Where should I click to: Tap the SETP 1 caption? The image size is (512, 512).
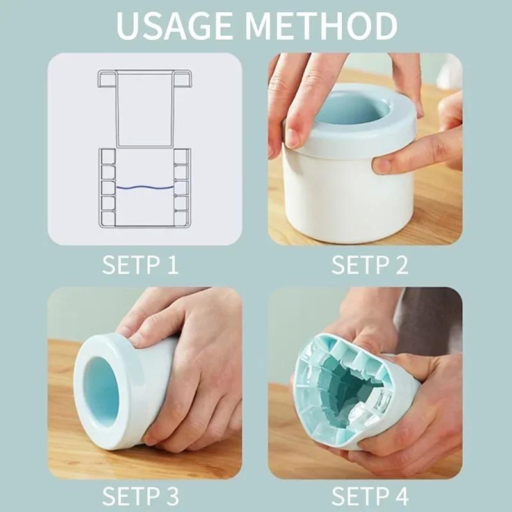[140, 264]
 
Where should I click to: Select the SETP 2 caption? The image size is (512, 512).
[369, 264]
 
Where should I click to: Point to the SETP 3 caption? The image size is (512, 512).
[140, 497]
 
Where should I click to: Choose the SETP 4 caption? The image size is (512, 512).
[369, 497]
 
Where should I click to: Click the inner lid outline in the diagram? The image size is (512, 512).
[145, 109]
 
